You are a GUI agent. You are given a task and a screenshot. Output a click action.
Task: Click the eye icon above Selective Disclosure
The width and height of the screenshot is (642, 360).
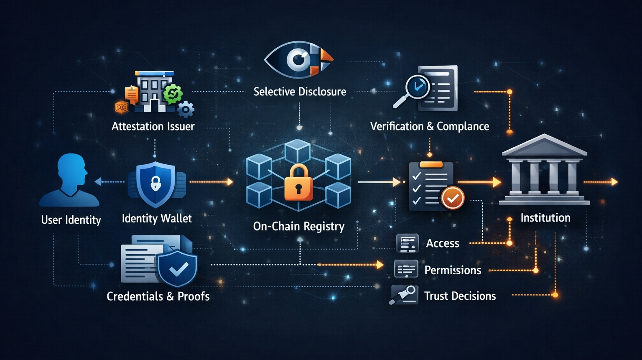coord(298,59)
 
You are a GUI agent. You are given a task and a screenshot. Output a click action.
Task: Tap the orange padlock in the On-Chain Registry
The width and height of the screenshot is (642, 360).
coord(298,183)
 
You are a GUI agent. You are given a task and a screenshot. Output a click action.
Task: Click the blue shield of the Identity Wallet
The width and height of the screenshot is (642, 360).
coord(155,184)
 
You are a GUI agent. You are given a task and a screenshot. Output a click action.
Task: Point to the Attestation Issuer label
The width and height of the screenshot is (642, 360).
coord(153,126)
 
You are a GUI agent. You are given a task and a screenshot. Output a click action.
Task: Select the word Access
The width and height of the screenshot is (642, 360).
coord(442,243)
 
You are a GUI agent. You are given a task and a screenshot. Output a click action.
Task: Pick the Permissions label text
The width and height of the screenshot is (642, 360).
coord(453,270)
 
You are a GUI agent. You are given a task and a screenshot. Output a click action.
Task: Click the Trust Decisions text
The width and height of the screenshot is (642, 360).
coord(460,296)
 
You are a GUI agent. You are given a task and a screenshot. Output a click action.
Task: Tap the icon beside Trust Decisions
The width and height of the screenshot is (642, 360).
coord(404,295)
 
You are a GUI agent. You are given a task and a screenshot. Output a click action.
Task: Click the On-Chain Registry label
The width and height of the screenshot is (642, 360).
coord(299,226)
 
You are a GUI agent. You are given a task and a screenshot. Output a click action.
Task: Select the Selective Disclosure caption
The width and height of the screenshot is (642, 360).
coord(300,92)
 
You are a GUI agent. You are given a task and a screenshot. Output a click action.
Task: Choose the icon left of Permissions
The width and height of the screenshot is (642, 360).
coord(406,269)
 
